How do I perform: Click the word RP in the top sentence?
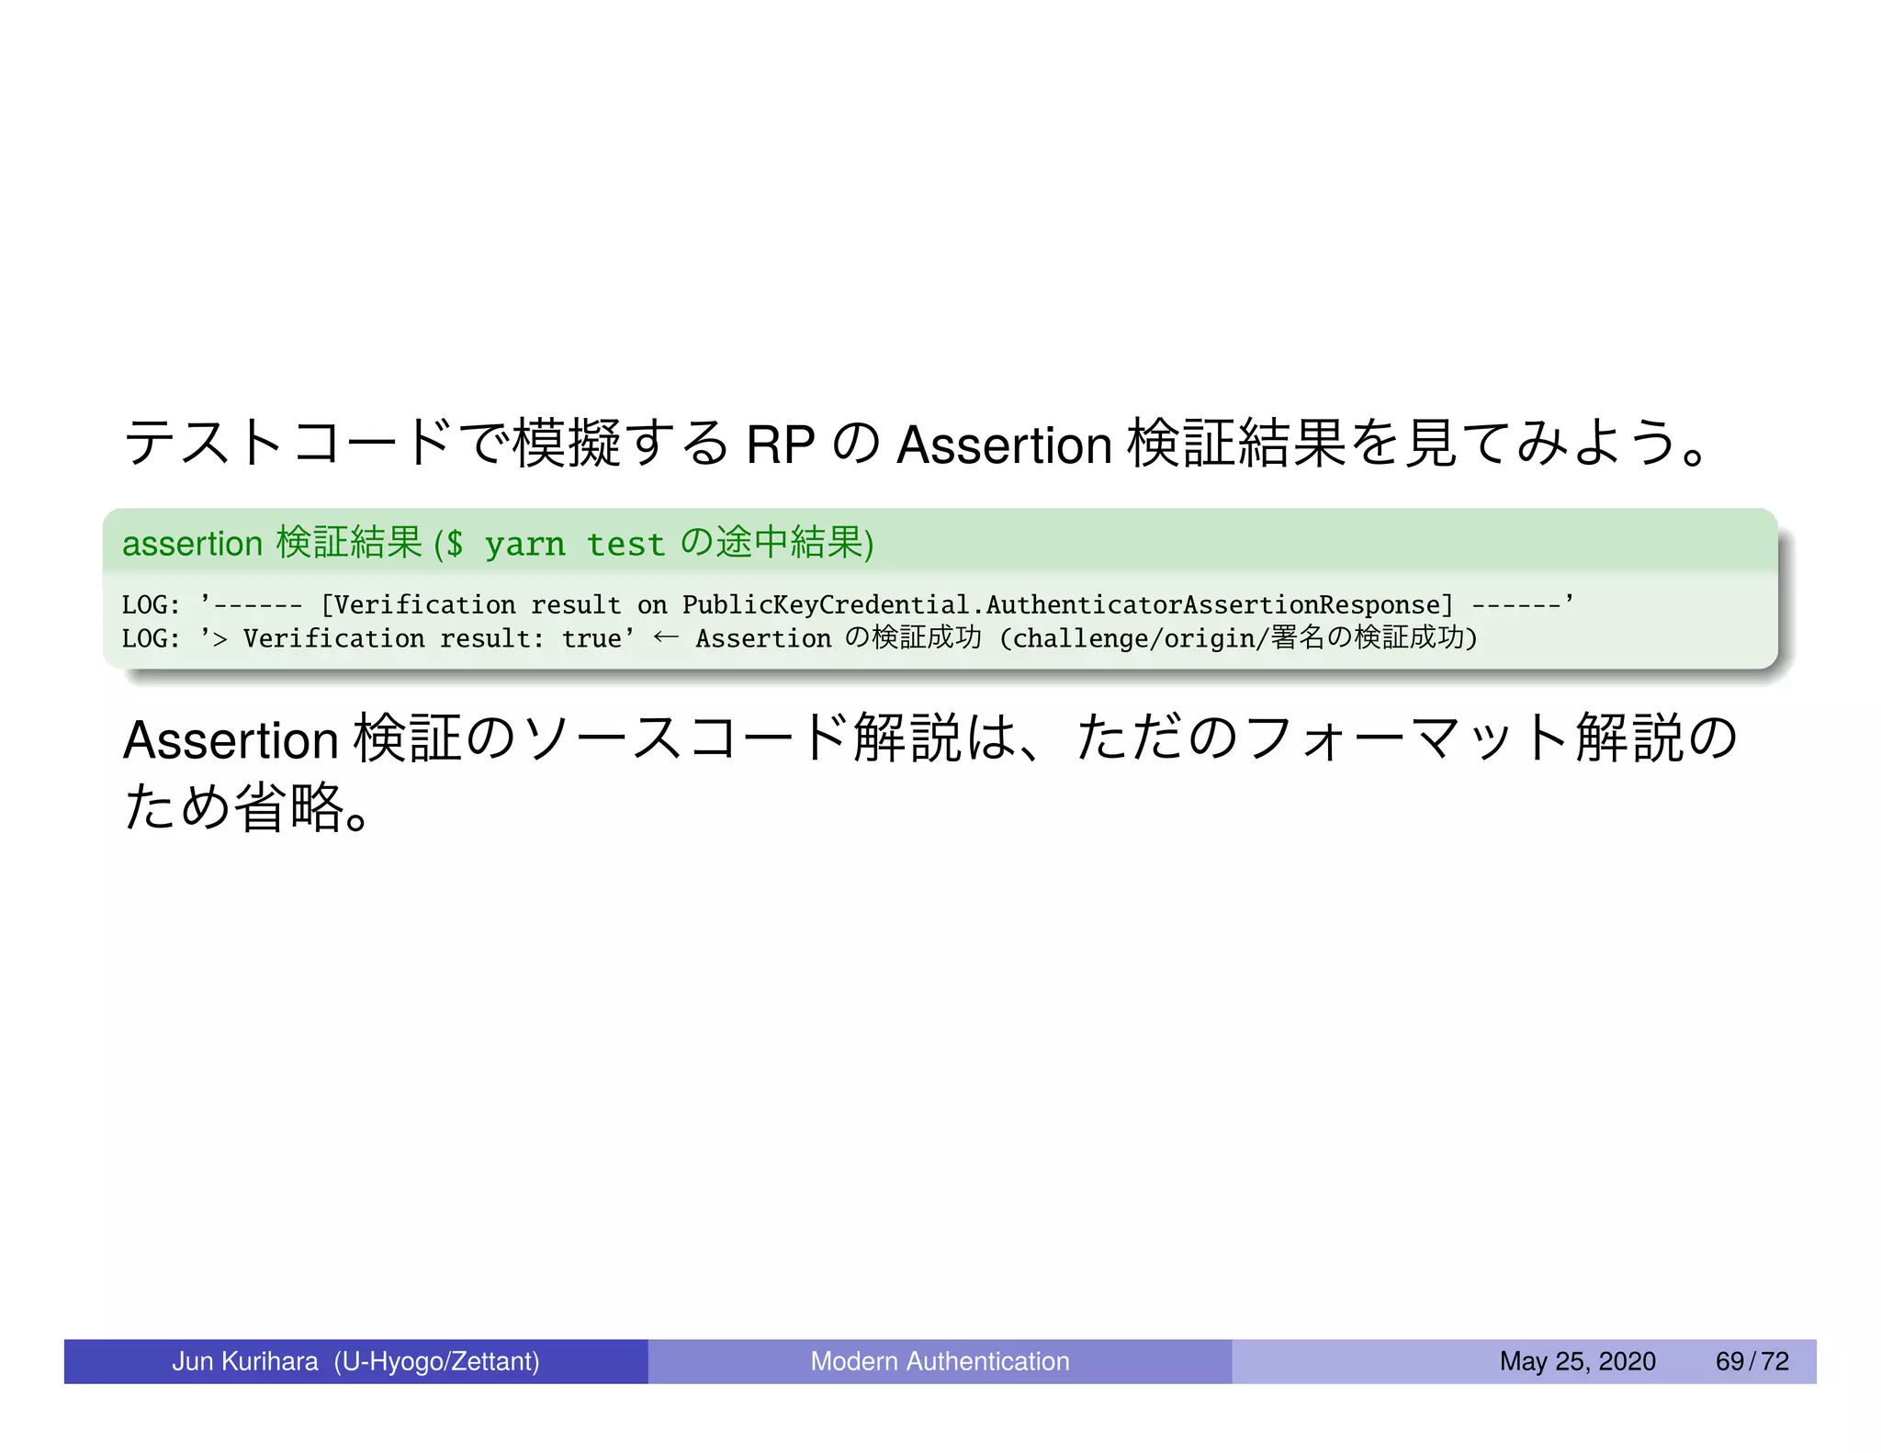pyautogui.click(x=780, y=445)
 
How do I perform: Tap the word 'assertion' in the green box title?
pyautogui.click(x=193, y=544)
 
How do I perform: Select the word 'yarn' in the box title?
pyautogui.click(x=524, y=545)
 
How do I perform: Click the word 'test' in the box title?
pyautogui.click(x=625, y=545)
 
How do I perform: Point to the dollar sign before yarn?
pyautogui.click(x=454, y=545)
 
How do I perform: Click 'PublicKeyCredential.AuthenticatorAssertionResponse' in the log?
pyautogui.click(x=1067, y=604)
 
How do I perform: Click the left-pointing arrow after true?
pyautogui.click(x=666, y=637)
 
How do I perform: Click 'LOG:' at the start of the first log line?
pyautogui.click(x=151, y=604)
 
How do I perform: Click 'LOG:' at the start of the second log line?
pyautogui.click(x=151, y=638)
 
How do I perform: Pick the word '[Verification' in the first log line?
pyautogui.click(x=418, y=604)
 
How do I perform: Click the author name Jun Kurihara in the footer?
pyautogui.click(x=245, y=1361)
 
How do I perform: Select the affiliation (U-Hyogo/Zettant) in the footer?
pyautogui.click(x=436, y=1361)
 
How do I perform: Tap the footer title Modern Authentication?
pyautogui.click(x=940, y=1361)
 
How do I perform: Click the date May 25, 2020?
pyautogui.click(x=1577, y=1361)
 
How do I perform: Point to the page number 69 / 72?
pyautogui.click(x=1751, y=1361)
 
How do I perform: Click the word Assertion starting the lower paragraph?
pyautogui.click(x=231, y=740)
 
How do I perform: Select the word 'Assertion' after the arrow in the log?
pyautogui.click(x=762, y=638)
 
